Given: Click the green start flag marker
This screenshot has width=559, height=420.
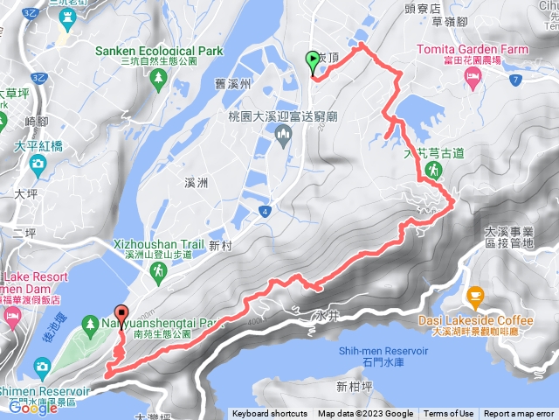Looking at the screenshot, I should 313,60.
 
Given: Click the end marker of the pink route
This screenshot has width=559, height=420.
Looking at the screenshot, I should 120,312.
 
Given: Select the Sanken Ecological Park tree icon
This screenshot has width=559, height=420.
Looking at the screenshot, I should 158,79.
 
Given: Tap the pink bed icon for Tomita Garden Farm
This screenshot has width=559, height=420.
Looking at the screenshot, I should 473,80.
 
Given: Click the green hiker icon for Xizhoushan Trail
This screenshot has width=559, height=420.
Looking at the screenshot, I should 158,273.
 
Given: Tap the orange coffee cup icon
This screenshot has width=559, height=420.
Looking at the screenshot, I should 475,295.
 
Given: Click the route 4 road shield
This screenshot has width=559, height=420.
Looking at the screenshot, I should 264,211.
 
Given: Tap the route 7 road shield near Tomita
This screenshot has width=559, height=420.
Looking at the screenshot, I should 517,80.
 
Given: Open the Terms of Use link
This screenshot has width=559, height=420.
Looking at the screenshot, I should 449,414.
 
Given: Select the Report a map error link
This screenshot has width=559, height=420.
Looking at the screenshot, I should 519,414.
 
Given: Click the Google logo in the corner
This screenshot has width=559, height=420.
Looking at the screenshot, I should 32,407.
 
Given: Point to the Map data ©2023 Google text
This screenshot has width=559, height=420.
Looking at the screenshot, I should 366,414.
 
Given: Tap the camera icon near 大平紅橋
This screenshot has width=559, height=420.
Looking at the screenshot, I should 38,164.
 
